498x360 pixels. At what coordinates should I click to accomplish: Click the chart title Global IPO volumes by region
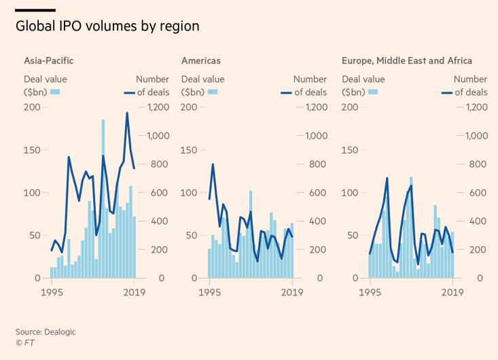tap(107, 26)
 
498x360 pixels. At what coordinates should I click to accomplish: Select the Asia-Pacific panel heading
tap(49, 60)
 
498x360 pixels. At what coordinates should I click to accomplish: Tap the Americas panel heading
tap(201, 60)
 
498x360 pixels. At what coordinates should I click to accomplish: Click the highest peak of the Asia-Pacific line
tap(127, 113)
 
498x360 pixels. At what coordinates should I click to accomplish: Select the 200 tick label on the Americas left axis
tap(190, 107)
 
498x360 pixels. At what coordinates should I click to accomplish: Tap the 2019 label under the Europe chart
tap(452, 293)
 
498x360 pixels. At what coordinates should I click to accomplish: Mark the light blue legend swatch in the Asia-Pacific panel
tap(56, 92)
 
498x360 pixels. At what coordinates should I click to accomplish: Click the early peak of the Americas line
tap(213, 164)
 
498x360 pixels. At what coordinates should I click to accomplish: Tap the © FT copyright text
tap(25, 343)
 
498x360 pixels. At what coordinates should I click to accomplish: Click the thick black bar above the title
tap(35, 10)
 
